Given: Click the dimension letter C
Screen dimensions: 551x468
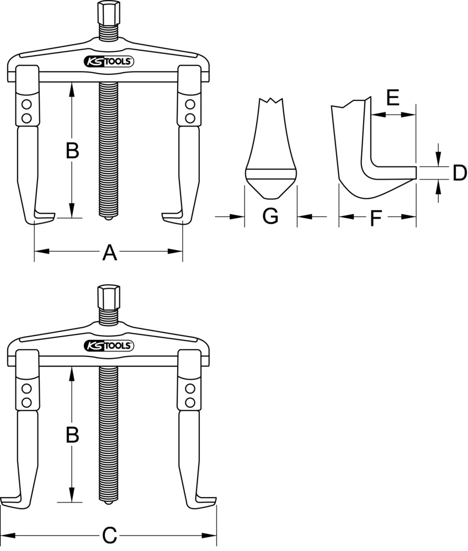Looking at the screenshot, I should coord(110,535).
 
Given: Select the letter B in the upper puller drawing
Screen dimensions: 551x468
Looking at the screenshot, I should coord(72,151).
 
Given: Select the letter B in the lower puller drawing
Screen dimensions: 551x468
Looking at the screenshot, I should coord(72,435).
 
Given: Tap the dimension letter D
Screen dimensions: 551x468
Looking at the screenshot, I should coord(459,173).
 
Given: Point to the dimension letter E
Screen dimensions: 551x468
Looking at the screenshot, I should coord(392,99).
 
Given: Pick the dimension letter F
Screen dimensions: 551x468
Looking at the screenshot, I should coord(376,219).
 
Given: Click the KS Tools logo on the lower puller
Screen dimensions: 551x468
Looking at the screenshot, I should coord(108,346).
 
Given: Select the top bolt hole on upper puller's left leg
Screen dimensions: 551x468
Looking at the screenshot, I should coord(26,104).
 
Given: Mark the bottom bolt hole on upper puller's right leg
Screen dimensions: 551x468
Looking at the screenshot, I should coord(189,117).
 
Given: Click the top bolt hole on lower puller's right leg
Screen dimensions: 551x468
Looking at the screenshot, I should coord(189,388).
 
